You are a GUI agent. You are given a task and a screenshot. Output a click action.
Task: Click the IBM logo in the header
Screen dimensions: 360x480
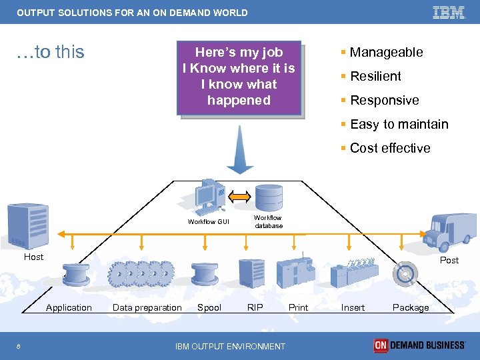click(449, 13)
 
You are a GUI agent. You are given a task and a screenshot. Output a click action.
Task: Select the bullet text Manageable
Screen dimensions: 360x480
click(386, 52)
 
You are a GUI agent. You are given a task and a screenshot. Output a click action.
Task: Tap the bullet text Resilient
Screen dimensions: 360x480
click(375, 76)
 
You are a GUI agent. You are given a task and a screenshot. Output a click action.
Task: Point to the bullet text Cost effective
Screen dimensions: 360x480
click(389, 148)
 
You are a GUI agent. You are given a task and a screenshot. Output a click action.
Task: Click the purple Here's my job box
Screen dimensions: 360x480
click(239, 77)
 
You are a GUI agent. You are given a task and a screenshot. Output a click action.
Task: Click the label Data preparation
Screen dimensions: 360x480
click(147, 307)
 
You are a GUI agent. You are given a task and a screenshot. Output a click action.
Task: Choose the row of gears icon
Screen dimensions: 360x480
click(141, 273)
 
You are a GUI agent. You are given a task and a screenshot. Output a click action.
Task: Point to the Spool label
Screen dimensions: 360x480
click(209, 307)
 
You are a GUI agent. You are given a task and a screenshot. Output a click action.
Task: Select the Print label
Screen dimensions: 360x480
click(298, 307)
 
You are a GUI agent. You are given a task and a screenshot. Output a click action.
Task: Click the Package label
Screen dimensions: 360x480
click(411, 307)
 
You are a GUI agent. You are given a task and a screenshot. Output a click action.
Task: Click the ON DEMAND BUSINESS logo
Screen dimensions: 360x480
click(419, 345)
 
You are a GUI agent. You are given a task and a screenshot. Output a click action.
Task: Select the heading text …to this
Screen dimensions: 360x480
click(51, 52)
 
